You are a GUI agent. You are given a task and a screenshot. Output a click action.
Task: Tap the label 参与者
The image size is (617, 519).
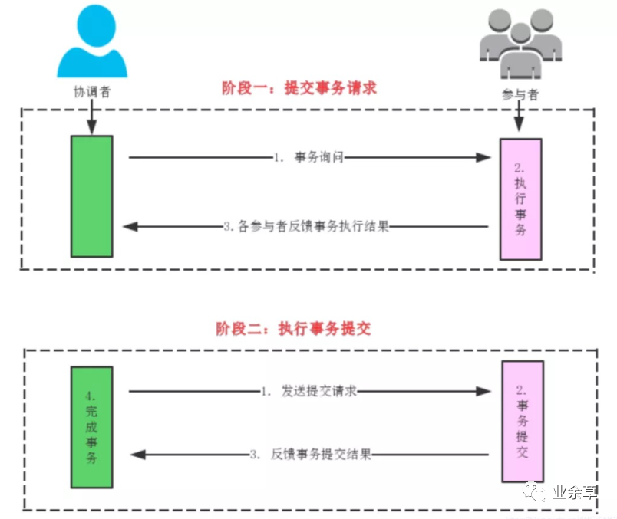[x=518, y=94]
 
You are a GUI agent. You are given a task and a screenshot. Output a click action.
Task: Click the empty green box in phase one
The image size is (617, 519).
[x=91, y=195]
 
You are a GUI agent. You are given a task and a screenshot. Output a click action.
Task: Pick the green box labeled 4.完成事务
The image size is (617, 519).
[x=91, y=426]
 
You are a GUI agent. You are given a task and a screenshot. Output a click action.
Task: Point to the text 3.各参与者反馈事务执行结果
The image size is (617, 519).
[x=306, y=227]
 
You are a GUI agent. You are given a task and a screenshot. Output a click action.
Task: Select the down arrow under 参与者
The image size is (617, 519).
[x=520, y=120]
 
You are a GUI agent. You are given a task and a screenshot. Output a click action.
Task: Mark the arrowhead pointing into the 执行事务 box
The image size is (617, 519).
[x=483, y=157]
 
